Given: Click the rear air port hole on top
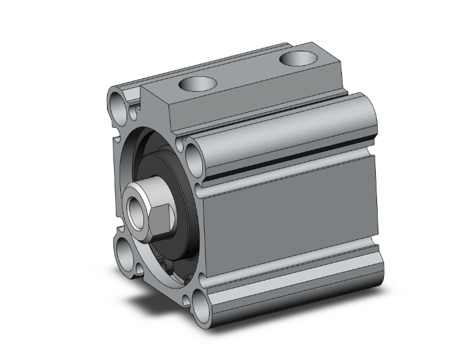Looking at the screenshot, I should tap(296, 58).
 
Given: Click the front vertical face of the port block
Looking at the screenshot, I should tap(157, 110).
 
